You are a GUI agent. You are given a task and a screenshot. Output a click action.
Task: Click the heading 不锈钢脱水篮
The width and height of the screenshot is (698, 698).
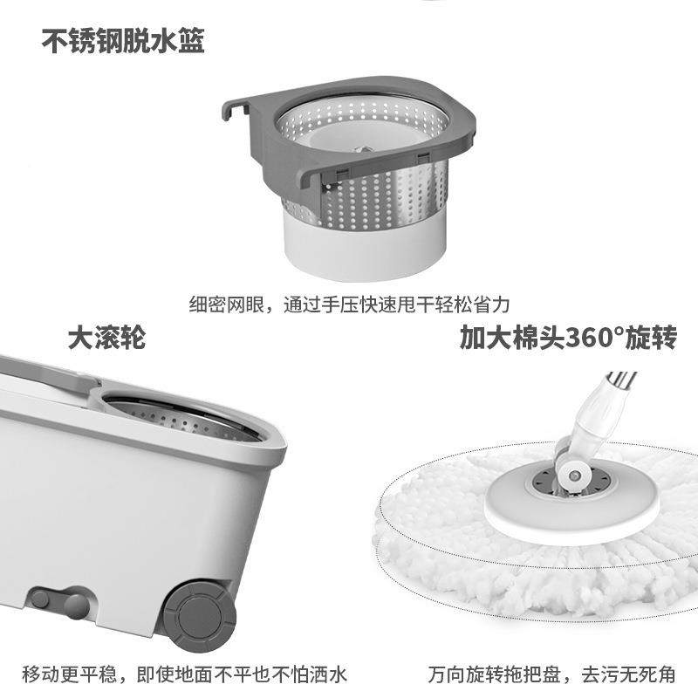123,41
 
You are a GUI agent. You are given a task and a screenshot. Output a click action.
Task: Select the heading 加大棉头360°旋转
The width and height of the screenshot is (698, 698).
568,338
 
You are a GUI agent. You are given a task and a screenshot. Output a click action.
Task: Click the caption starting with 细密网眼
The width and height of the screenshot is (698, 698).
349,305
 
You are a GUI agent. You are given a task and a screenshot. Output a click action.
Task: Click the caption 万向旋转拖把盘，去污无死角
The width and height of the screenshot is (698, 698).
552,674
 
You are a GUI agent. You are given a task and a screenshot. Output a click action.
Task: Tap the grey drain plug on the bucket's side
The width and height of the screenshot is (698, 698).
58,602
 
